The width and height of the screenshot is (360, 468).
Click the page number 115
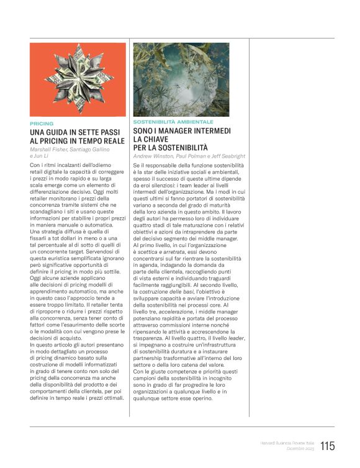click(x=328, y=446)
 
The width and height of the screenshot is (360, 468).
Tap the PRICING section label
click(x=42, y=124)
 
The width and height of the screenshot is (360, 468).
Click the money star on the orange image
click(x=78, y=79)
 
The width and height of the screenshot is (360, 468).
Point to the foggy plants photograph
click(x=181, y=79)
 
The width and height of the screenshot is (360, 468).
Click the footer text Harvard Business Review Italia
click(x=287, y=443)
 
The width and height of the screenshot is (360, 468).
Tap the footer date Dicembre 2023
click(x=300, y=449)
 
